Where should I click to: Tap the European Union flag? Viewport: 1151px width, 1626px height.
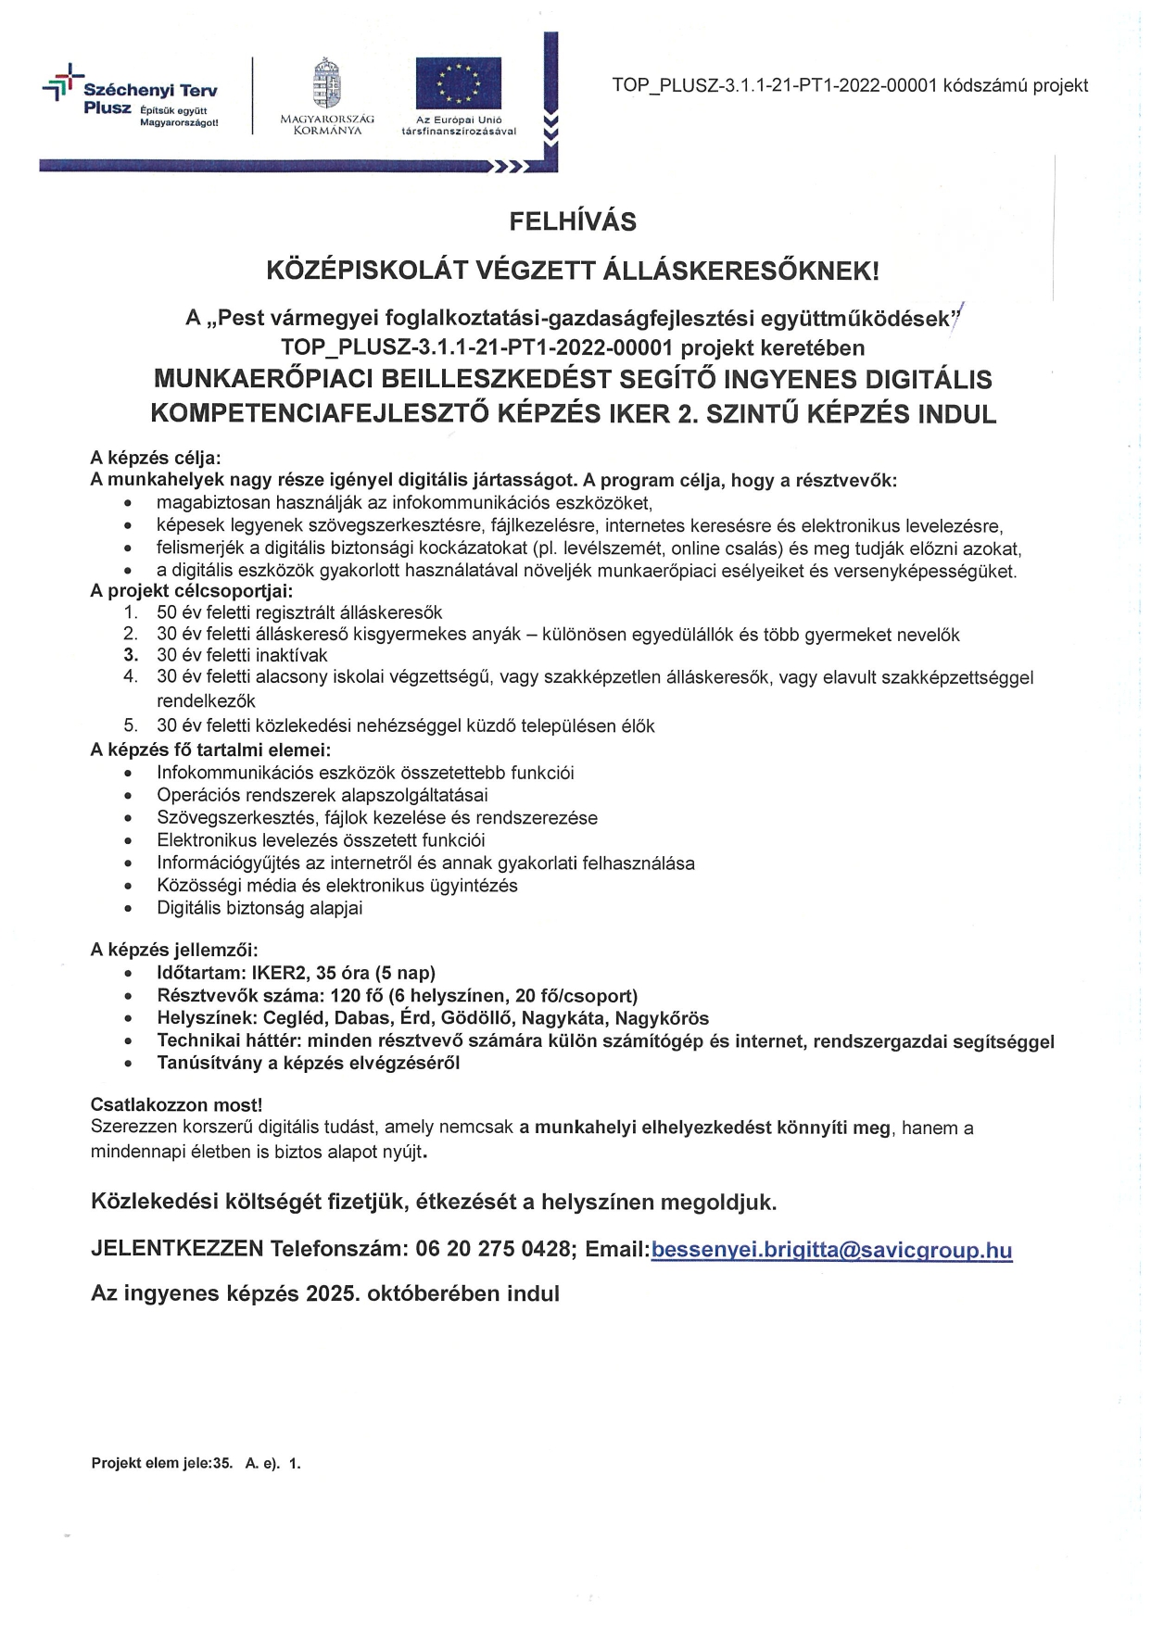click(x=458, y=82)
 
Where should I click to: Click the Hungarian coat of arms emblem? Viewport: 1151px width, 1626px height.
click(x=327, y=85)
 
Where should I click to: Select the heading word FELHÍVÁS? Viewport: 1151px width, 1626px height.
click(x=573, y=222)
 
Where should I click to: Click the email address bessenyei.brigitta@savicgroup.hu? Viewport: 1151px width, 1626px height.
click(x=831, y=1250)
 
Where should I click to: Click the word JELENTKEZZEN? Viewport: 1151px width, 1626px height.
click(x=177, y=1249)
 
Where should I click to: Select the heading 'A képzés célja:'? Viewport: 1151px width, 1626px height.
click(x=156, y=458)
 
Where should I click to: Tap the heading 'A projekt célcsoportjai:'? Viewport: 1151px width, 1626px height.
click(x=191, y=591)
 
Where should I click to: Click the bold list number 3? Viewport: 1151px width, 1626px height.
click(x=131, y=656)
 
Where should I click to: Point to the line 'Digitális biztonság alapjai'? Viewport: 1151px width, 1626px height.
click(x=259, y=909)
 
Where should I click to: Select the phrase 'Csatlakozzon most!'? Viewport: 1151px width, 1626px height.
click(x=176, y=1105)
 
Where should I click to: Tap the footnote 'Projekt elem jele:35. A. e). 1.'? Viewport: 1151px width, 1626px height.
click(x=196, y=1464)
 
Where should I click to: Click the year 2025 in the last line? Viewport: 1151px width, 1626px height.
click(x=332, y=1294)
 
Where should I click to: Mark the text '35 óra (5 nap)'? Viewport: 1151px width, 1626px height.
click(x=375, y=974)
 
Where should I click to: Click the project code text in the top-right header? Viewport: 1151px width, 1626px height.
click(x=850, y=86)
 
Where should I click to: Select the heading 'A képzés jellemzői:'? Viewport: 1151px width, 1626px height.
click(x=174, y=950)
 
